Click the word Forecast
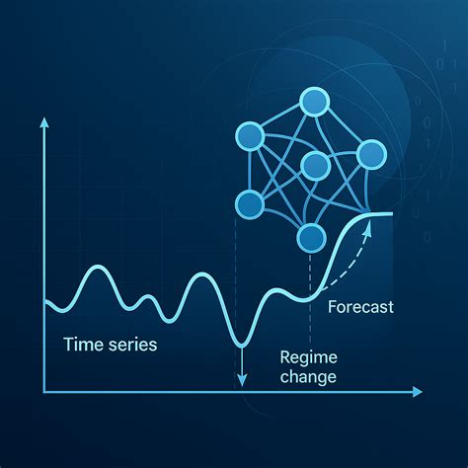359,307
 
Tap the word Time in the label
82,345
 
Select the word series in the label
131,345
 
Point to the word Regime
307,357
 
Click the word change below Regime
308,377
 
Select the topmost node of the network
314,102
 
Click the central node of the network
314,165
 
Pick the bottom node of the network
311,237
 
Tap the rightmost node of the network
371,153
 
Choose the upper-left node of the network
248,136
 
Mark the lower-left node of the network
249,204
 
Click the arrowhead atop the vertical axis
43,123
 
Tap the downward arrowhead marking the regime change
241,379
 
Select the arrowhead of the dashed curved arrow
369,226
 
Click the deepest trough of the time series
240,342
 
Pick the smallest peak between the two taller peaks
146,298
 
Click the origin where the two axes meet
43,392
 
